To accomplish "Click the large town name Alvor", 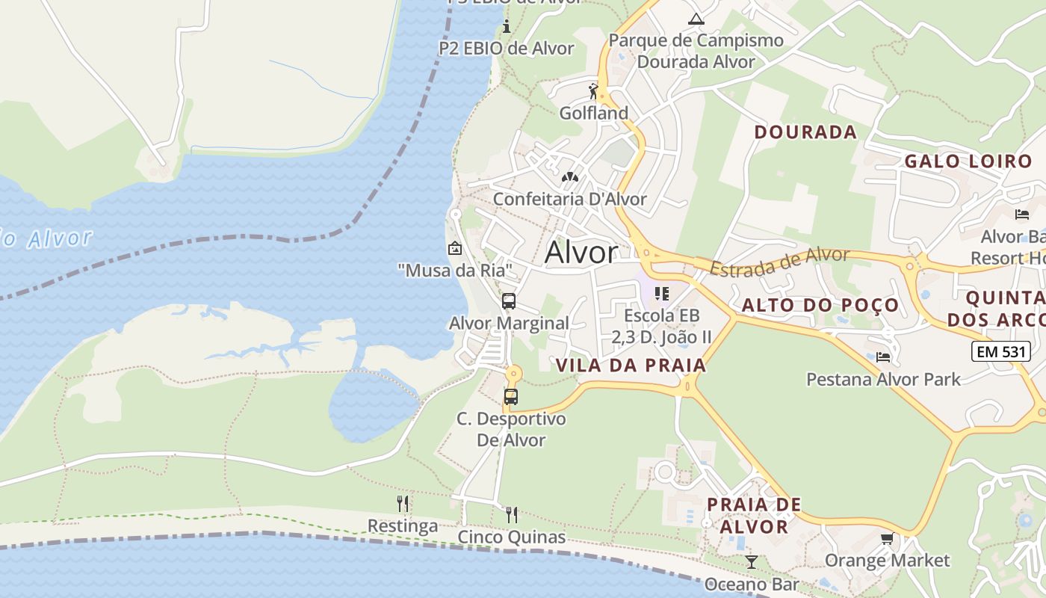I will click(x=581, y=253).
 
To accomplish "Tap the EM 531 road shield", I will click(x=1000, y=351).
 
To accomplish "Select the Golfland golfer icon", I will click(x=594, y=91).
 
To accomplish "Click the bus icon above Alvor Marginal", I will click(x=509, y=301).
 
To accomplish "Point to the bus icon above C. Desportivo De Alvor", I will click(x=511, y=397).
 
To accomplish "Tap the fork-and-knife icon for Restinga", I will click(x=403, y=503).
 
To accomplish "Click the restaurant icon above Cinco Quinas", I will click(x=512, y=514).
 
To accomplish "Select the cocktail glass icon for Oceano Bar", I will click(x=752, y=561).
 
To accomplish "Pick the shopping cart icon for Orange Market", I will click(x=887, y=538).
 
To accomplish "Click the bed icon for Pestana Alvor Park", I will click(x=883, y=357).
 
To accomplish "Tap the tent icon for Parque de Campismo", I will click(x=696, y=19).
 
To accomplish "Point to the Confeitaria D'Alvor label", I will click(x=569, y=199).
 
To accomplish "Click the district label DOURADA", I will click(x=805, y=132).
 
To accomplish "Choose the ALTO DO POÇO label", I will click(x=820, y=305).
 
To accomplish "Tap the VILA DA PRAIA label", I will click(x=631, y=365).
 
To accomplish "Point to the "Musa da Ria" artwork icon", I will click(x=454, y=248).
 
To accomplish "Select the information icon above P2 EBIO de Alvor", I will click(x=507, y=27).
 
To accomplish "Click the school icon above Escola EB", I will click(x=661, y=293).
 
